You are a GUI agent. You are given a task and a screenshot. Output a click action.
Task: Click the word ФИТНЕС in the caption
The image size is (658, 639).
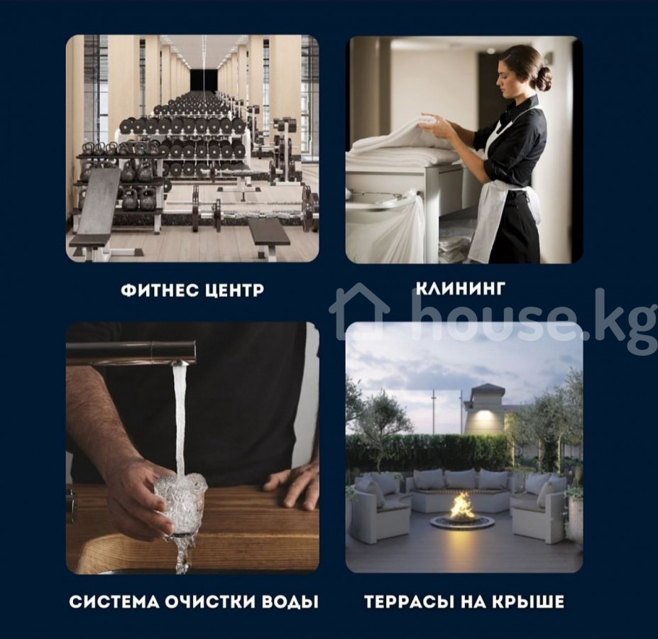[x=158, y=290]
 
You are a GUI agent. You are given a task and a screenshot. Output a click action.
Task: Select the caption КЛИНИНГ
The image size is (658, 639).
[x=459, y=288]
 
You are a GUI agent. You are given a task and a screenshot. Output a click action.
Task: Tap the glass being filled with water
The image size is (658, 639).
[x=180, y=502]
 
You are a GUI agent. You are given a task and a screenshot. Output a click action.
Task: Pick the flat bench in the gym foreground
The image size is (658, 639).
[x=268, y=233]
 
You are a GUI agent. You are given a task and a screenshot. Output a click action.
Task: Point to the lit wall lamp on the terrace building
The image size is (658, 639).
[x=482, y=415]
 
